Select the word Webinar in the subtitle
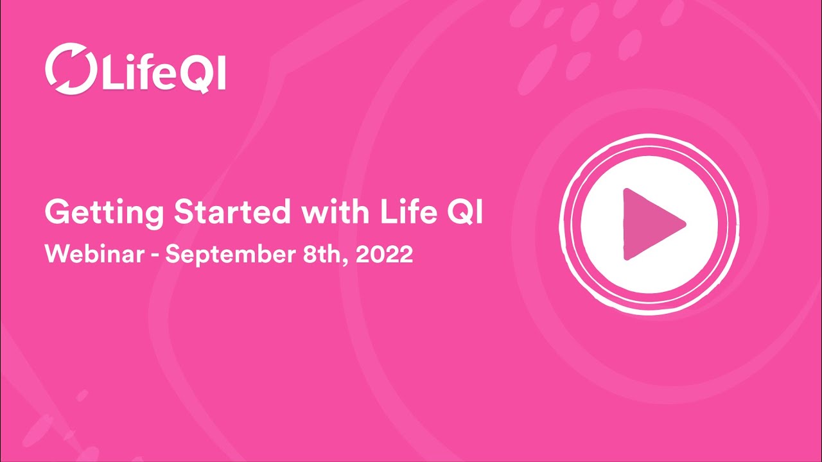pos(93,255)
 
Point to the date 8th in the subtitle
pos(321,255)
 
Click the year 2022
pos(383,255)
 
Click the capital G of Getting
pos(56,213)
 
